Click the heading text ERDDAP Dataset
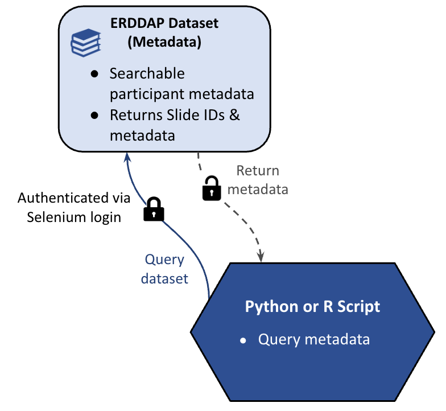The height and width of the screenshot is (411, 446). tap(164, 24)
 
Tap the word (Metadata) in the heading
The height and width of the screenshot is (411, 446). tap(164, 44)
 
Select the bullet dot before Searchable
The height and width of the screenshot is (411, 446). tap(95, 75)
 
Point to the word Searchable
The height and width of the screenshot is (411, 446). tap(147, 74)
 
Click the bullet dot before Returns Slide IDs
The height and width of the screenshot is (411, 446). tap(95, 116)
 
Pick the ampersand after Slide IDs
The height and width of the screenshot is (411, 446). tap(234, 115)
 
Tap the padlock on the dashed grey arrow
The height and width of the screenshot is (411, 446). tap(212, 188)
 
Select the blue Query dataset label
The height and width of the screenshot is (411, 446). tap(164, 269)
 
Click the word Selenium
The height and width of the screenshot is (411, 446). tap(54, 217)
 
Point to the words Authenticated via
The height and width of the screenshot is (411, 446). tap(74, 198)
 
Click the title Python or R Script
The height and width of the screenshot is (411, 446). tap(312, 306)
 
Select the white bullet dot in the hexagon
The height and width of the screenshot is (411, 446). tap(243, 340)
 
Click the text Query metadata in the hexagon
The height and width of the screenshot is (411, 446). tap(314, 339)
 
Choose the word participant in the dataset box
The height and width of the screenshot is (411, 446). tap(146, 94)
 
